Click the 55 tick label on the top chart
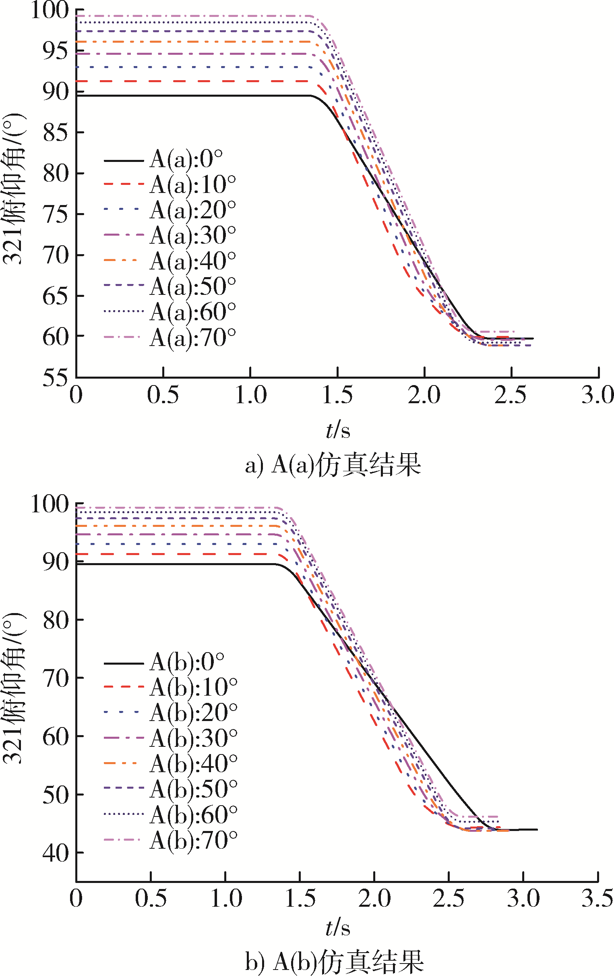click(x=56, y=378)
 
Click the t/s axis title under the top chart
click(x=338, y=430)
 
